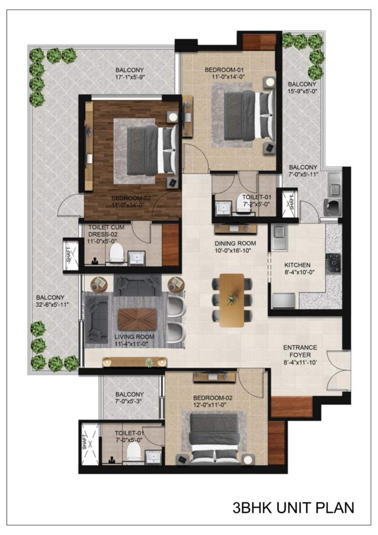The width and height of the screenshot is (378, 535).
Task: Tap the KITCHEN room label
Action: (x=297, y=265)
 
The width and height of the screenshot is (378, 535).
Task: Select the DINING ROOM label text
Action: (x=235, y=244)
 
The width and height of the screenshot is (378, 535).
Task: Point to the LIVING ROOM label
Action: (x=134, y=337)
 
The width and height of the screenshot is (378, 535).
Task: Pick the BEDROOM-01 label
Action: (x=224, y=70)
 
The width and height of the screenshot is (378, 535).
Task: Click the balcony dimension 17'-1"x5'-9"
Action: (x=130, y=77)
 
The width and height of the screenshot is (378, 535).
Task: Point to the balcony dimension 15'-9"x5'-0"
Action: (x=302, y=91)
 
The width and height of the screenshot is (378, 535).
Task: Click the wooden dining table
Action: (x=232, y=300)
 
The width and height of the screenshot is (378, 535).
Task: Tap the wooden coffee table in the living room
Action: (x=137, y=320)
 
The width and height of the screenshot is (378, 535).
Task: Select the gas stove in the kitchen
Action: (x=333, y=263)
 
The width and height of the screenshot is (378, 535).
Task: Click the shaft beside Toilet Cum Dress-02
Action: (x=70, y=254)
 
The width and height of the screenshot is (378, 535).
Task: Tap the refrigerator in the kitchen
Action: (x=284, y=301)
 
